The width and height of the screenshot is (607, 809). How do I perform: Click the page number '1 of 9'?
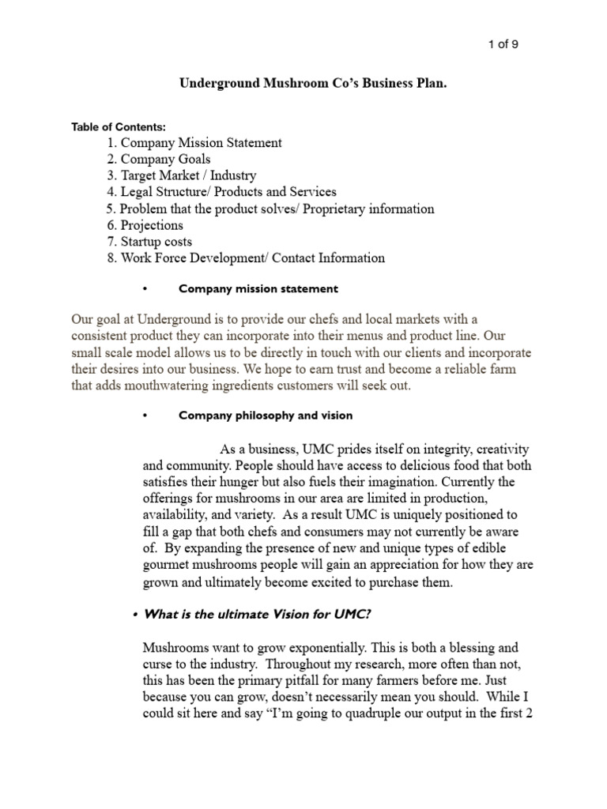502,44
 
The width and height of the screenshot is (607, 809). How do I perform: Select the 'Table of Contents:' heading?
119,126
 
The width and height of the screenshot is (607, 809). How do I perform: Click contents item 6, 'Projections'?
151,225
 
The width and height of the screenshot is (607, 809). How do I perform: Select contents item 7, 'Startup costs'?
156,242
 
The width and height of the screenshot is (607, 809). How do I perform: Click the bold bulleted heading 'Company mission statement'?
258,289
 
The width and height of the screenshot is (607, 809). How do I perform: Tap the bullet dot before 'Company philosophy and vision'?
145,416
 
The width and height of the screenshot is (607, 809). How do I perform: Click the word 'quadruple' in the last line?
371,716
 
